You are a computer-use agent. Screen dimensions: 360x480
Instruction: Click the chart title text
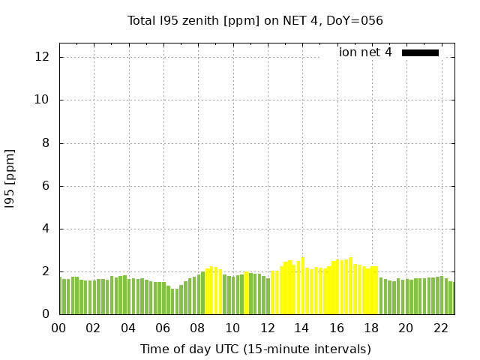click(x=255, y=20)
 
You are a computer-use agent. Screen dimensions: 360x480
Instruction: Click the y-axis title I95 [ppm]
click(x=10, y=178)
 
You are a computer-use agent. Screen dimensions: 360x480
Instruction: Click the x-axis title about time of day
click(x=255, y=349)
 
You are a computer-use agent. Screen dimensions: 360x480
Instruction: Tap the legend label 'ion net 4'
click(x=365, y=52)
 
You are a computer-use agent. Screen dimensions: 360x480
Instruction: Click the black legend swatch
click(x=420, y=52)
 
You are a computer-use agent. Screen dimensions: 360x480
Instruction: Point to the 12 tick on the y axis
click(x=43, y=57)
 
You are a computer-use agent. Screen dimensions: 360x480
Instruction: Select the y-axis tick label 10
click(x=43, y=100)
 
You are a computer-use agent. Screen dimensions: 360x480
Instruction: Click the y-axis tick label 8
click(x=46, y=143)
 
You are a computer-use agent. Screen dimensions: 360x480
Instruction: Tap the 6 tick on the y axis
click(x=46, y=186)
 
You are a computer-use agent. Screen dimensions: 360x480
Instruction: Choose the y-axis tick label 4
click(x=46, y=229)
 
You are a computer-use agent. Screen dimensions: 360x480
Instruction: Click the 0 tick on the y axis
click(x=46, y=314)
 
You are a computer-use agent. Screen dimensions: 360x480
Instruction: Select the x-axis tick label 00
click(x=58, y=328)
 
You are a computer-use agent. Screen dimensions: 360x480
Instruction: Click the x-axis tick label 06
click(x=163, y=328)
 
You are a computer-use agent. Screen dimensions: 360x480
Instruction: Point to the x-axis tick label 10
click(x=232, y=328)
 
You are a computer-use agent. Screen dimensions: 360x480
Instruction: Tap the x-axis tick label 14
click(x=301, y=328)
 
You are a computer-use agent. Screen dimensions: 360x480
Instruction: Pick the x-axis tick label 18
click(x=371, y=328)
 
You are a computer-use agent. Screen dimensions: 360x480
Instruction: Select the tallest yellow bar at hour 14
click(x=302, y=286)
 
